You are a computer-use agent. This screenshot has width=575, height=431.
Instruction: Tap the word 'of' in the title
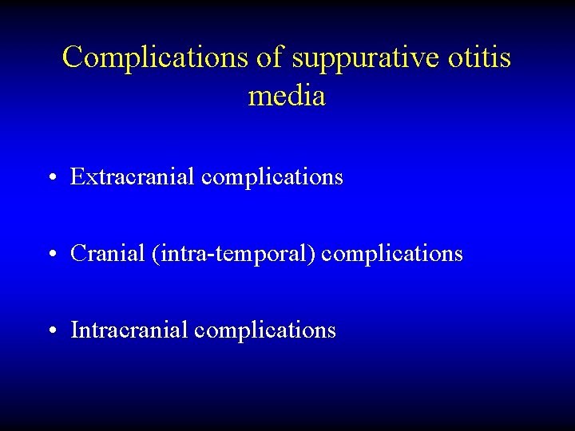click(x=272, y=57)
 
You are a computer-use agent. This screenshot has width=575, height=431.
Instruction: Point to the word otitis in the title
click(x=482, y=57)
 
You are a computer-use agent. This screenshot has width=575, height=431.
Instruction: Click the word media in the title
click(x=287, y=96)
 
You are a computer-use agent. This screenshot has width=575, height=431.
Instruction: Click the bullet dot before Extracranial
click(x=50, y=177)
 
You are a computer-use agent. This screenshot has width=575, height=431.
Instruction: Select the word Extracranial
click(x=133, y=176)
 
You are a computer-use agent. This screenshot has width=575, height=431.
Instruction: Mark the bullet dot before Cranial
click(x=50, y=255)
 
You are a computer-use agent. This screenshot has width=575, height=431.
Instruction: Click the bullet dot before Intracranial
click(x=50, y=330)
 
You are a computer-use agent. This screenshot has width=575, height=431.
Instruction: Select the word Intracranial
click(x=129, y=330)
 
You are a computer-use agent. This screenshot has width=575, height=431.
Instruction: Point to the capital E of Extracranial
click(x=77, y=176)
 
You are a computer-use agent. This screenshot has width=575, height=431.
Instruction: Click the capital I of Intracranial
click(x=74, y=330)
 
